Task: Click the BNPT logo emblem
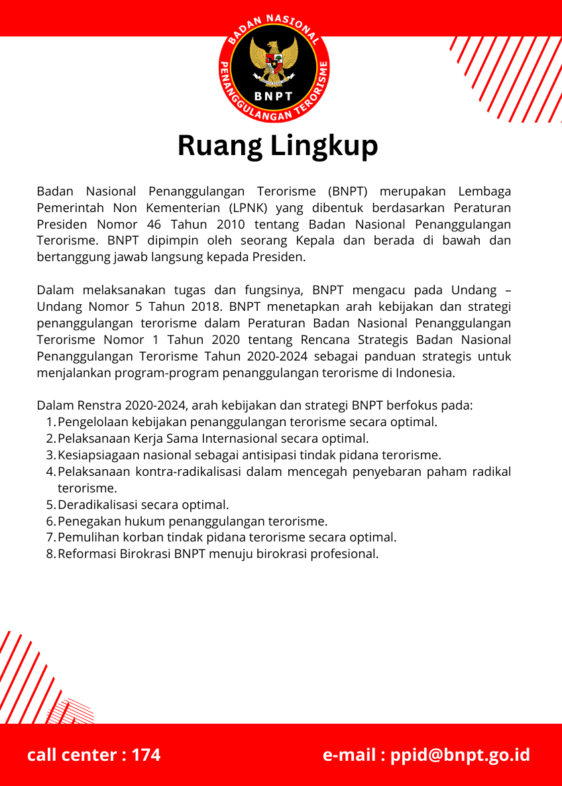pyautogui.click(x=274, y=66)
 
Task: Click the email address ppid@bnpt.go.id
pyautogui.click(x=460, y=755)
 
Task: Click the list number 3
pyautogui.click(x=50, y=455)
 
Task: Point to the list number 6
pyautogui.click(x=50, y=522)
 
